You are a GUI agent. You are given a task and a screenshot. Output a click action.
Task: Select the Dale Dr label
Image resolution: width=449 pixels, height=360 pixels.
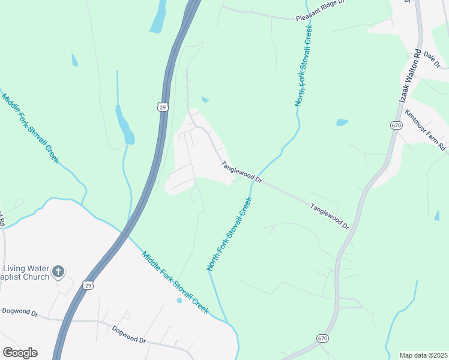click(432, 59)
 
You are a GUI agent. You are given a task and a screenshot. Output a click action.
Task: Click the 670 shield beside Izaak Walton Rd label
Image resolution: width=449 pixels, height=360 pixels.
click(396, 125)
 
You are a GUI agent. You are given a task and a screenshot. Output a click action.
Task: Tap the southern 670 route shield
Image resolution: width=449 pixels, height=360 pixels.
click(322, 339)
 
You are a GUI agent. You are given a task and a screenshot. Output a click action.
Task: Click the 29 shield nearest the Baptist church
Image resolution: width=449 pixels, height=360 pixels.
click(88, 284)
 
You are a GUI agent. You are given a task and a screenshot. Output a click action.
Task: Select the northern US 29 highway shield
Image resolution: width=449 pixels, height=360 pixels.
click(161, 107)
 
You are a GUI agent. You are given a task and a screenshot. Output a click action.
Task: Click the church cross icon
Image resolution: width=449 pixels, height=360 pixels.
click(58, 272)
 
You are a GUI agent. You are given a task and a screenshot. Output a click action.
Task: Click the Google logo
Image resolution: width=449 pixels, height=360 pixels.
click(20, 353)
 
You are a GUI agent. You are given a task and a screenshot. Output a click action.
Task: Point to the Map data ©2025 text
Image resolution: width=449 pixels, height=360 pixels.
click(423, 355)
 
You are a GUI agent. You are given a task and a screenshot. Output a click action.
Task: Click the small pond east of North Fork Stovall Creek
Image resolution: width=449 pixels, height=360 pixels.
click(342, 122)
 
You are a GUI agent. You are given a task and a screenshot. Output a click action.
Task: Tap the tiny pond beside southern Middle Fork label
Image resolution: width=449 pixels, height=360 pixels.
click(178, 300)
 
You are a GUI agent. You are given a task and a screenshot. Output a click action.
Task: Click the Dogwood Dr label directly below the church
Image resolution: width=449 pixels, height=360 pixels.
click(20, 312)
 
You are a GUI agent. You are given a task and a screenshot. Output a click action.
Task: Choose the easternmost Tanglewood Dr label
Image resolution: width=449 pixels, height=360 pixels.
click(330, 216)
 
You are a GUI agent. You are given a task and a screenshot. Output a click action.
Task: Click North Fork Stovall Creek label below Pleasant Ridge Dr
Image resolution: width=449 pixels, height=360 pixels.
click(304, 66)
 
